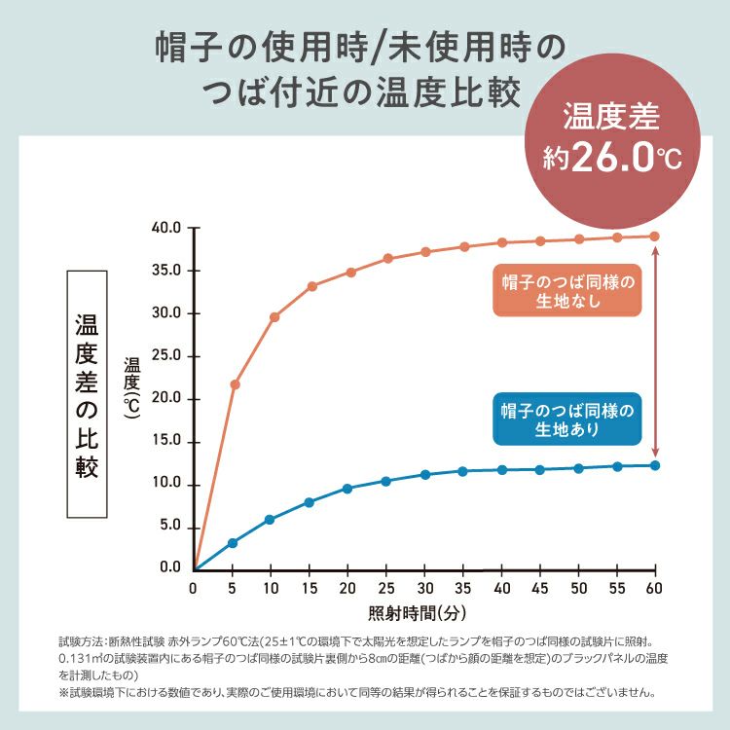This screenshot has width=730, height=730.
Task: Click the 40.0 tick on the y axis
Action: [168, 228]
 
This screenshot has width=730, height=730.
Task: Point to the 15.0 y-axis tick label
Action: [168, 442]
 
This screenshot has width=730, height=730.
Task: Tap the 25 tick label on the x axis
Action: [387, 589]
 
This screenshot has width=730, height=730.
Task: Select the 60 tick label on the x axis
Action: [654, 589]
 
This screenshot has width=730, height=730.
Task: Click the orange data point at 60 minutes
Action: [655, 236]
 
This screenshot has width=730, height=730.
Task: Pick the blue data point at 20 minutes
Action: [347, 488]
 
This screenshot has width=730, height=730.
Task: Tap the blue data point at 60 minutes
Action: [655, 465]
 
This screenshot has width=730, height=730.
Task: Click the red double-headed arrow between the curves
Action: [656, 350]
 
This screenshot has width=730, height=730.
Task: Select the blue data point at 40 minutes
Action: [502, 469]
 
